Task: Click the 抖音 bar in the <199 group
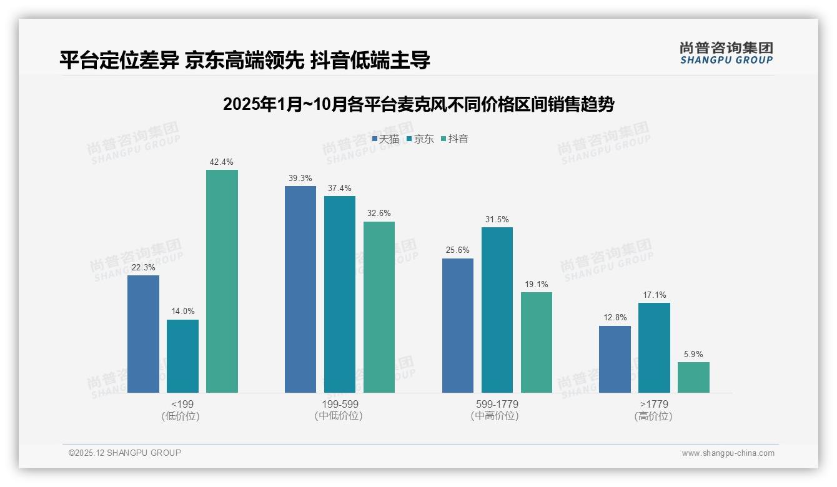(x=222, y=281)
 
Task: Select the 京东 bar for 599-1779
(x=497, y=310)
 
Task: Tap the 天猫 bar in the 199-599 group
(x=300, y=289)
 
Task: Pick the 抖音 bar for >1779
(x=693, y=377)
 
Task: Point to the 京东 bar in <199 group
(x=182, y=356)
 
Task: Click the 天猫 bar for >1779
(x=615, y=359)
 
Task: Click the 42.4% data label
(x=222, y=162)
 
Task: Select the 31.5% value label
(x=497, y=220)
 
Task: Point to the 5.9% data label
(x=693, y=355)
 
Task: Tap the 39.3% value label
(x=300, y=179)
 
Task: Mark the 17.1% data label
(x=654, y=295)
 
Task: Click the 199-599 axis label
(x=340, y=404)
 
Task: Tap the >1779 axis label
(x=654, y=404)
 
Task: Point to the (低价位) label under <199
(x=182, y=416)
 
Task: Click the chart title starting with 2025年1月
(x=418, y=104)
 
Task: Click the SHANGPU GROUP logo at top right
(x=726, y=53)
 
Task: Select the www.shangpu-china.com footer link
(x=728, y=453)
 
